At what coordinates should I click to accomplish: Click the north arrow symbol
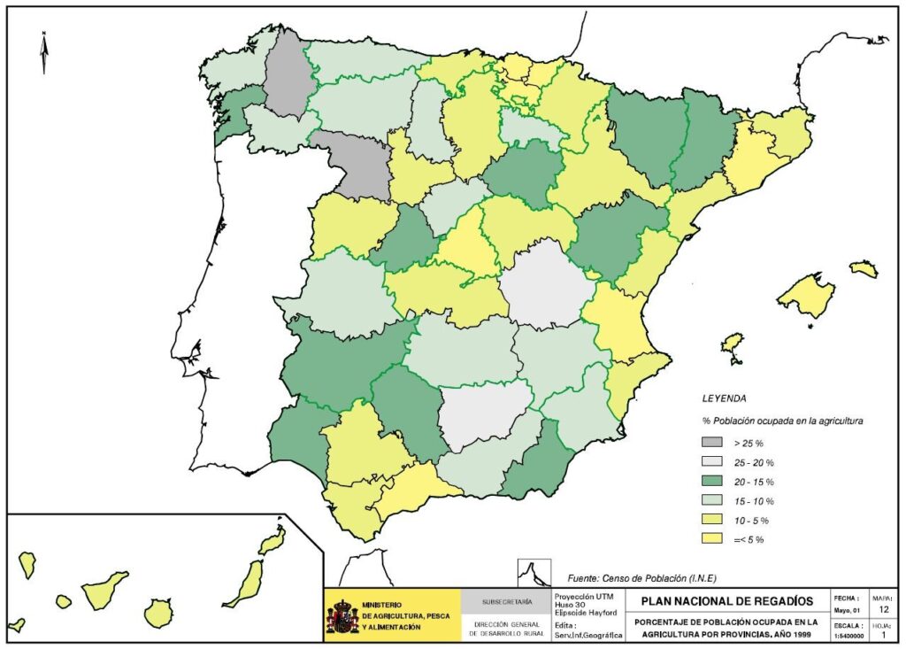pyautogui.click(x=43, y=52)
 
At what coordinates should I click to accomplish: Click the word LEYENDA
pyautogui.click(x=724, y=398)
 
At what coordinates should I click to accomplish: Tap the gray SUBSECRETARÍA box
pyautogui.click(x=507, y=602)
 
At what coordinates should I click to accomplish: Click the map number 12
pyautogui.click(x=883, y=609)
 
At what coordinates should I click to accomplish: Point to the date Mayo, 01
pyautogui.click(x=844, y=610)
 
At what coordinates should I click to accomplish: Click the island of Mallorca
pyautogui.click(x=805, y=295)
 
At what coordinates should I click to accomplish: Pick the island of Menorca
pyautogui.click(x=864, y=268)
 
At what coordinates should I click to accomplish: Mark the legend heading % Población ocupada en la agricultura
pyautogui.click(x=782, y=421)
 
